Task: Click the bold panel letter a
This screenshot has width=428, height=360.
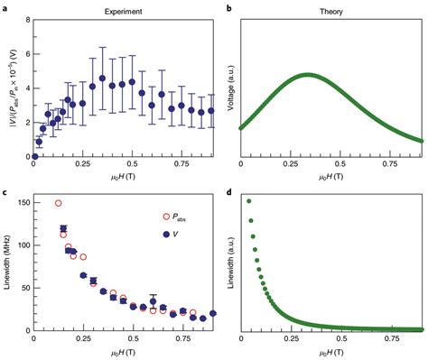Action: click(x=5, y=7)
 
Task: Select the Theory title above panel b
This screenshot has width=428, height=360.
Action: click(x=331, y=7)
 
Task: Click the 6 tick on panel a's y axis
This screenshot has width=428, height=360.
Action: click(x=24, y=52)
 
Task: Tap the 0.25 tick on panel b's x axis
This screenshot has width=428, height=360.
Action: click(x=290, y=165)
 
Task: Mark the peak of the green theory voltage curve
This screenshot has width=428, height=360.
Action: click(x=308, y=76)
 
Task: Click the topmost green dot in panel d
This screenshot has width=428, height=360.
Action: click(x=248, y=201)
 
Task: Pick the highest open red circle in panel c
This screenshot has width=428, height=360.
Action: click(x=59, y=204)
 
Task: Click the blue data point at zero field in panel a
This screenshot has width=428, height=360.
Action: click(x=33, y=156)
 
